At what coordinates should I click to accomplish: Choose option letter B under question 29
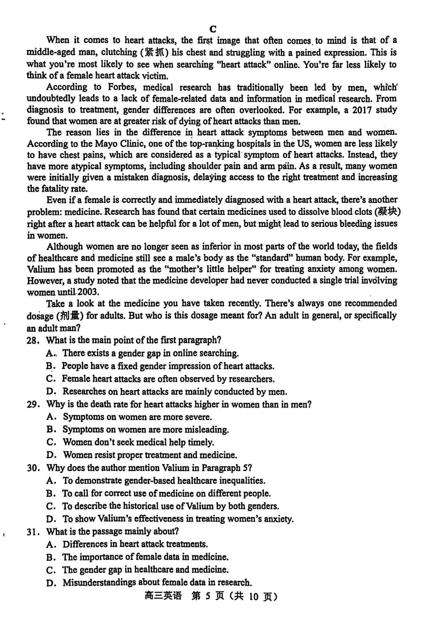(x=50, y=430)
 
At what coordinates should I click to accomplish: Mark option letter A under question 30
(x=50, y=481)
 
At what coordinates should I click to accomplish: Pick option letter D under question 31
(x=50, y=583)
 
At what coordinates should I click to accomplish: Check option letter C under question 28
(x=50, y=379)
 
